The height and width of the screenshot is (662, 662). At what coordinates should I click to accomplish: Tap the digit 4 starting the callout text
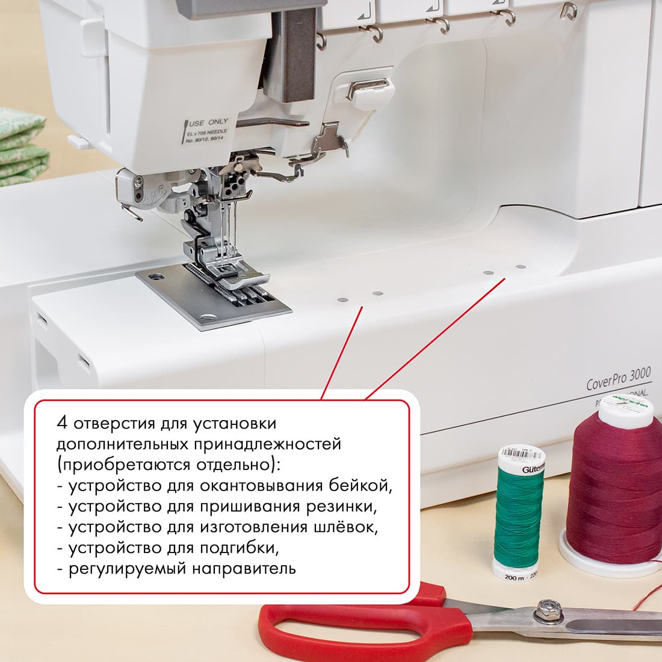pos(62,423)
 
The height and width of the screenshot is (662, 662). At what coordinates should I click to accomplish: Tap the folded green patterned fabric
pos(21,144)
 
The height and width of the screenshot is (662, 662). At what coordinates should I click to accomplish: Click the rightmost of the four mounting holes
pos(521,266)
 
